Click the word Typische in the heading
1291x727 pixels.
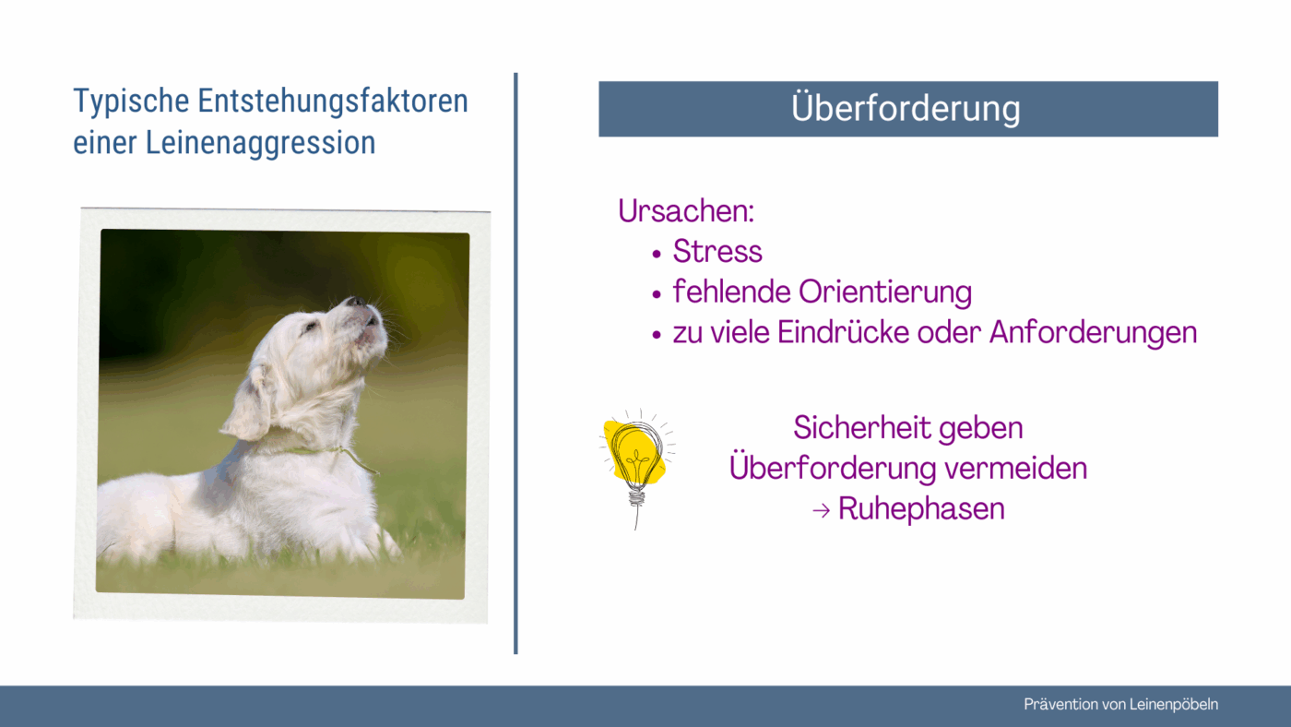pos(131,102)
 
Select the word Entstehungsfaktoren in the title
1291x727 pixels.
pos(333,101)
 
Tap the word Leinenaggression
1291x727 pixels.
pos(260,144)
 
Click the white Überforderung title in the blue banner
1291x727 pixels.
pos(906,108)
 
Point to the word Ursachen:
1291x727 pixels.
pos(686,210)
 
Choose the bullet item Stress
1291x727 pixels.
pos(717,251)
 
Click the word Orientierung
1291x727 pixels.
pos(885,292)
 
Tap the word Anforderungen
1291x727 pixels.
pos(1094,333)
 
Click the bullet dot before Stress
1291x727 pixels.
pos(656,254)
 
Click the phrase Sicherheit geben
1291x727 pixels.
pos(907,428)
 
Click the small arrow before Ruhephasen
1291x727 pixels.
pos(822,510)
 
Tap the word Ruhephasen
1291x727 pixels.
pos(921,509)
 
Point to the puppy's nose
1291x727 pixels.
pos(355,301)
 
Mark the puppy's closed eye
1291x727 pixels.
pos(309,328)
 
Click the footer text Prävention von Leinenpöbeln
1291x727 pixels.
pos(1121,705)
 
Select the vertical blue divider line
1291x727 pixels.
pos(515,363)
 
